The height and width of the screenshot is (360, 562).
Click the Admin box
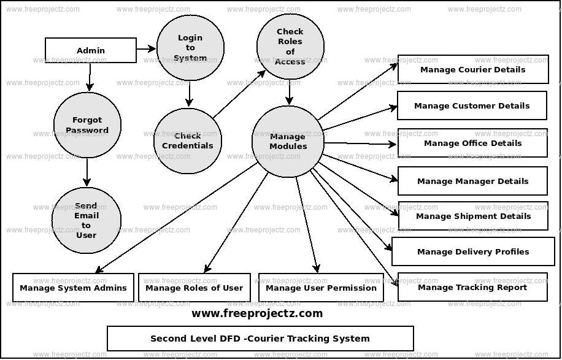91,50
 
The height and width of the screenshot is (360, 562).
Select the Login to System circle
190,48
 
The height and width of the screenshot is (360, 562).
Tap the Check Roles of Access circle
290,47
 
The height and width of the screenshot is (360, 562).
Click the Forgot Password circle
87,125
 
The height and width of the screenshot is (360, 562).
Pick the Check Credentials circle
187,140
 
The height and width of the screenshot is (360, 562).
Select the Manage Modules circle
288,142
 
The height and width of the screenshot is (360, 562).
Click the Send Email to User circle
87,220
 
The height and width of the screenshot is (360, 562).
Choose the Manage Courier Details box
472,69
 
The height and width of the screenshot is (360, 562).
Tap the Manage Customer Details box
471,105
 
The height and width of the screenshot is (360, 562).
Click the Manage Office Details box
472,143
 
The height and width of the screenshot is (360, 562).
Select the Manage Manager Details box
472,181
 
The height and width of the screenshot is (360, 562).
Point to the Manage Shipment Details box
473,216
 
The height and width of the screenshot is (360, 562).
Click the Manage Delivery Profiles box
472,251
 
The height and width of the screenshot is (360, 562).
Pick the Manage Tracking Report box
472,287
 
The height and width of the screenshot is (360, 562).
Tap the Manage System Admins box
73,288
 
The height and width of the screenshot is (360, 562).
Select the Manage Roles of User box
194,288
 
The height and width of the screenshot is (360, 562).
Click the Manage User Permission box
321,288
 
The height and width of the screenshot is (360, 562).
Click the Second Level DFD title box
260,339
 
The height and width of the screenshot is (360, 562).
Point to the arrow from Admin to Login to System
146,48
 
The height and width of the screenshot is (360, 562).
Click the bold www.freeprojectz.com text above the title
256,313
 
